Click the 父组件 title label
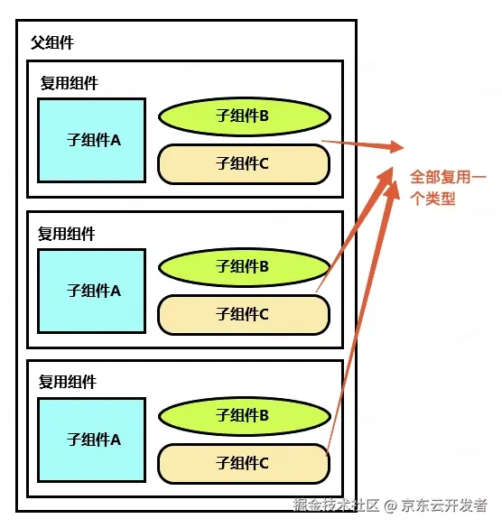[x=52, y=42]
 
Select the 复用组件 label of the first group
[x=69, y=83]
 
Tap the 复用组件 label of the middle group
[x=67, y=234]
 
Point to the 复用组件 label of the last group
[x=68, y=382]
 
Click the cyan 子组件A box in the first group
[x=91, y=141]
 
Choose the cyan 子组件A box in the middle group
[x=91, y=292]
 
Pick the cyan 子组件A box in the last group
[x=91, y=440]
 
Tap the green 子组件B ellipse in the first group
[x=245, y=116]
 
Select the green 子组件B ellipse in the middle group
[x=244, y=267]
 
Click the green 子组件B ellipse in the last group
[x=245, y=416]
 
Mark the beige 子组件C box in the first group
[x=244, y=164]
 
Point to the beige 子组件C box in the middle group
[x=244, y=315]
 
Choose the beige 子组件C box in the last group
[x=244, y=464]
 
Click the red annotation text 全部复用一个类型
[x=448, y=188]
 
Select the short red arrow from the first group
[x=363, y=144]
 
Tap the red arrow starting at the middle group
[x=354, y=229]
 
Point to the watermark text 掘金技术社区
[x=336, y=505]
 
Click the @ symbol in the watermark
[x=390, y=505]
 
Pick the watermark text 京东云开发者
[x=444, y=505]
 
